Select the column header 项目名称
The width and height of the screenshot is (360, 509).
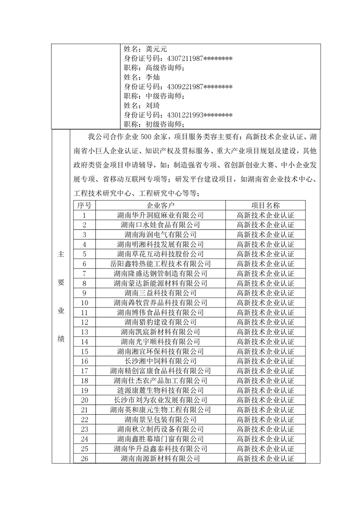pos(266,205)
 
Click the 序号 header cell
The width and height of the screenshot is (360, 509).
pos(84,205)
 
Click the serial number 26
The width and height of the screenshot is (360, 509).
pos(84,459)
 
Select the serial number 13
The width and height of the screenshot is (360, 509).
pos(84,332)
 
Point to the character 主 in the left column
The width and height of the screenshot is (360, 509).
pos(61,254)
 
